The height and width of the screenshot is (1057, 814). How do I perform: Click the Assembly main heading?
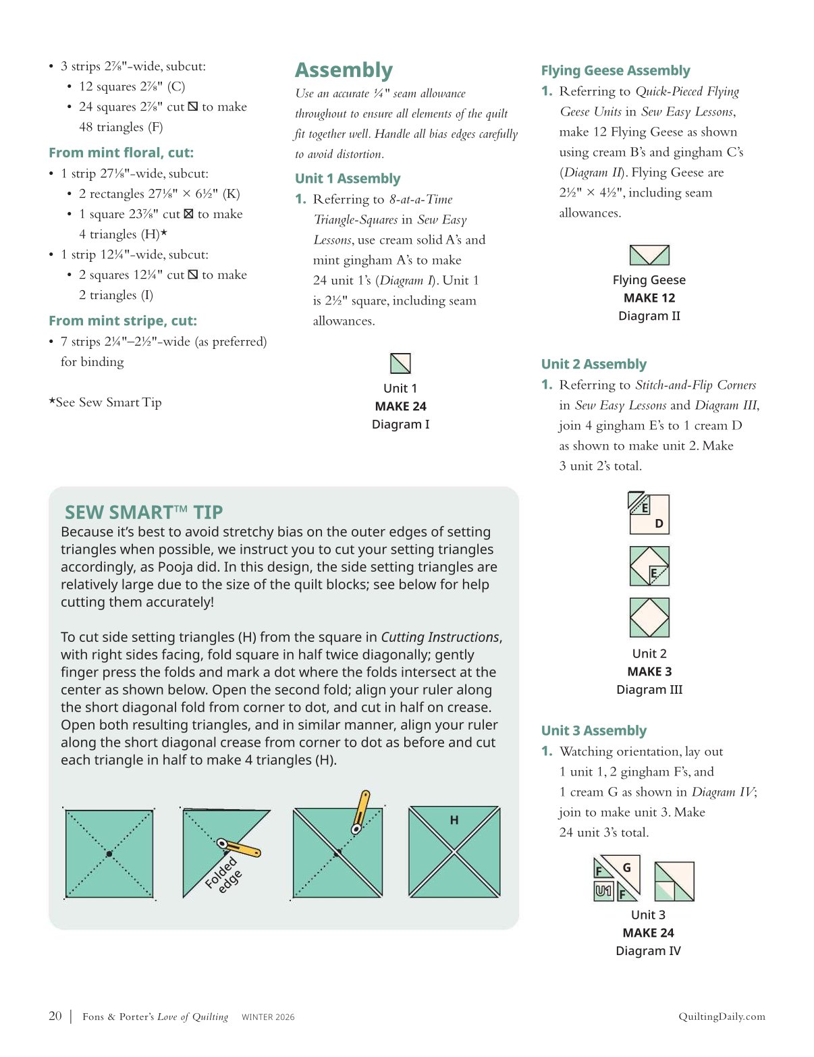point(344,70)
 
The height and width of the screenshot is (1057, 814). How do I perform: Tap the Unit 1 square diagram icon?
point(400,363)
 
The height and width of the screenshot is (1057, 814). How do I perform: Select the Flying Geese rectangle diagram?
point(649,255)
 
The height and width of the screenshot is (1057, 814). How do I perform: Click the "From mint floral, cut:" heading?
point(121,153)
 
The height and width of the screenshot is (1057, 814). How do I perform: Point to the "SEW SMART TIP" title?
point(143,512)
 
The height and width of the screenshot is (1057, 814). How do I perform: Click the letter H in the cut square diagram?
point(454,820)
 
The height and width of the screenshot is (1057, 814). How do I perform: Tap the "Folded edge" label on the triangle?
point(223,874)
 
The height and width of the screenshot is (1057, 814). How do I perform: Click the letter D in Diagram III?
point(659,523)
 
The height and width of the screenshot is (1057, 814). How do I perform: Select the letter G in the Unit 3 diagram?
point(626,868)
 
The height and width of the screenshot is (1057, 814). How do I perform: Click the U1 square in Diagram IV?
point(603,891)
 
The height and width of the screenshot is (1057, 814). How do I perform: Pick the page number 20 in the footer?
point(55,1016)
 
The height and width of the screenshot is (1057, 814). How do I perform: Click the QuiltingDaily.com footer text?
point(722,1017)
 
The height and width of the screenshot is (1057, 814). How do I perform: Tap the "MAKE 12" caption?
point(649,298)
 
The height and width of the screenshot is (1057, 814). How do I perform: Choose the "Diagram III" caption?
point(649,689)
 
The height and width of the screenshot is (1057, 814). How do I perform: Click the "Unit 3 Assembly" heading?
point(593,730)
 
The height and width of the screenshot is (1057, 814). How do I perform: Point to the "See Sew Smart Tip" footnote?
point(105,402)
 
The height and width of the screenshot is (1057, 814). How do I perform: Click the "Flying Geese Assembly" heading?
point(616,70)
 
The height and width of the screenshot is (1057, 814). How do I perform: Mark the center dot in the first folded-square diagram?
point(109,854)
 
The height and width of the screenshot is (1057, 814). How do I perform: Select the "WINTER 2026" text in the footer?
point(268,1017)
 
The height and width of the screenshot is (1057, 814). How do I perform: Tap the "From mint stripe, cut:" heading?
point(123,321)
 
